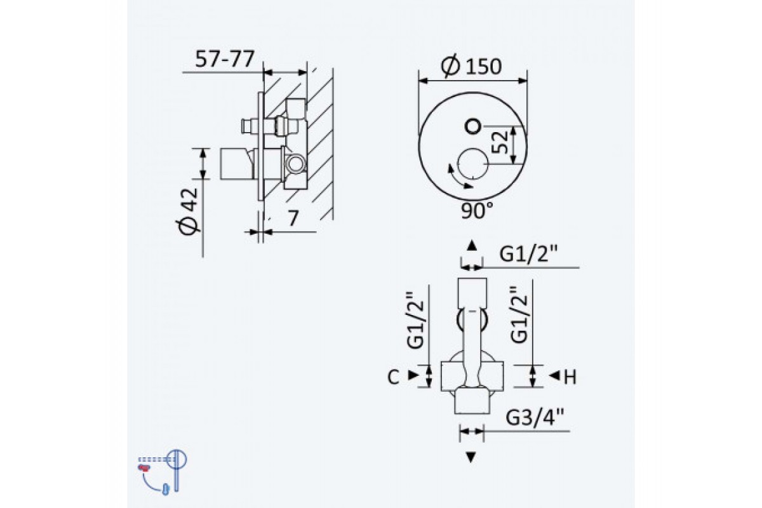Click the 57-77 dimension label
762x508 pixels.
point(225,59)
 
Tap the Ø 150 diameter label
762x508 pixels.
point(471,66)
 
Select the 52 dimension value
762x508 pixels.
point(500,142)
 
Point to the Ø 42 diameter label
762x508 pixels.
point(187,211)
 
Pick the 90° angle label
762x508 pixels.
point(477,211)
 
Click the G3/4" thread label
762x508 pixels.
point(535,417)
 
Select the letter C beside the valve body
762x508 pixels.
point(393,377)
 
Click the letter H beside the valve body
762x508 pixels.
point(570,377)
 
